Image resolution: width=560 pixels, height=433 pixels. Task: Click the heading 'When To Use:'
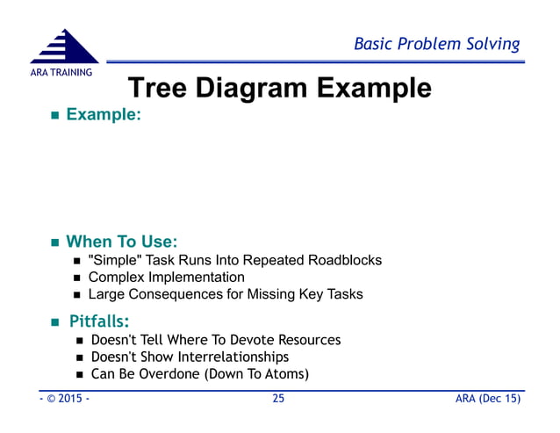coord(122,241)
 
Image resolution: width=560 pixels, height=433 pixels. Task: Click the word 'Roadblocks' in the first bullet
coord(346,260)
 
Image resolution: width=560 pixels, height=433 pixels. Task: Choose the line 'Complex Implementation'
coord(166,278)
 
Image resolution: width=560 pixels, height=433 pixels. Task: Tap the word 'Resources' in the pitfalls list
coord(306,340)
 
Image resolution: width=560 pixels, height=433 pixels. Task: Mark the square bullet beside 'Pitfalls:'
coord(53,321)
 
